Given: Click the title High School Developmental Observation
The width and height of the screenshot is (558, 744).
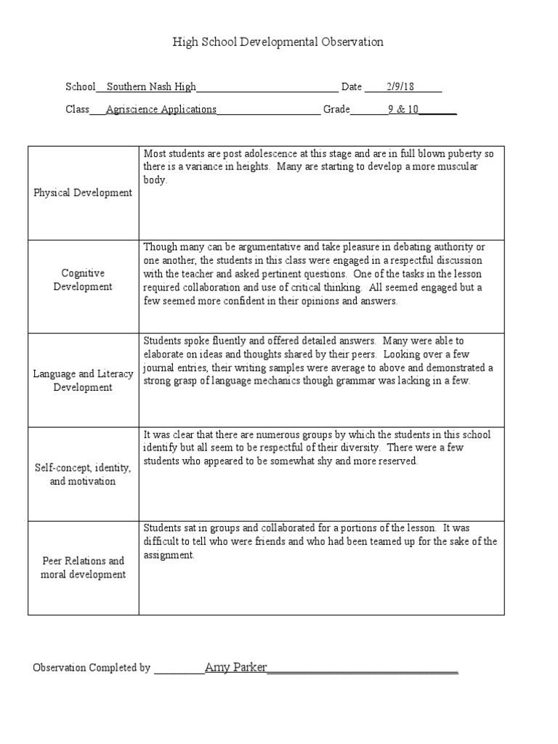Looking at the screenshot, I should click(x=278, y=42).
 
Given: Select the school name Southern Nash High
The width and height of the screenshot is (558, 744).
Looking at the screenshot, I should click(x=151, y=86).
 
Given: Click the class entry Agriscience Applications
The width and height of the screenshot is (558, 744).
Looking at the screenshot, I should click(x=161, y=110).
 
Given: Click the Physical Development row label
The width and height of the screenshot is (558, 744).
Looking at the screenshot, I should click(x=83, y=193).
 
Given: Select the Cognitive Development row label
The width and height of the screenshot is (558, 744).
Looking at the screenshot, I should click(x=83, y=280).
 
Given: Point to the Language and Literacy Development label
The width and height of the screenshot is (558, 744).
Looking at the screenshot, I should click(x=83, y=381).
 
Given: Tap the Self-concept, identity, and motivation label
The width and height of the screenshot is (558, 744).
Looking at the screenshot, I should click(x=83, y=474).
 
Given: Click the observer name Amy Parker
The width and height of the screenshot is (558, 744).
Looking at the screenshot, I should click(x=236, y=667).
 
